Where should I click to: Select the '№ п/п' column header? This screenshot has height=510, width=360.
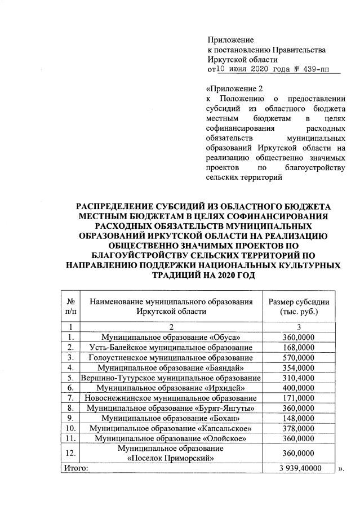click(x=71, y=306)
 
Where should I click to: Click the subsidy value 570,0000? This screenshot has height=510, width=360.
click(x=299, y=358)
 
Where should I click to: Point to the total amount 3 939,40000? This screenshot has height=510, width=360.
click(x=299, y=468)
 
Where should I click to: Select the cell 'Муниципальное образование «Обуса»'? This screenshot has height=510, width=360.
click(x=171, y=337)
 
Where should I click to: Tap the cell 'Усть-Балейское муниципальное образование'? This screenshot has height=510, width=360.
click(x=171, y=347)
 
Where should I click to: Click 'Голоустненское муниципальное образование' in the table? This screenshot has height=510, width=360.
click(x=171, y=358)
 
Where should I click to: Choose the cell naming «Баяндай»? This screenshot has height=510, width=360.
click(x=171, y=367)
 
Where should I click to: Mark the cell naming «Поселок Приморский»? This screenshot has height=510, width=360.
click(x=171, y=453)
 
